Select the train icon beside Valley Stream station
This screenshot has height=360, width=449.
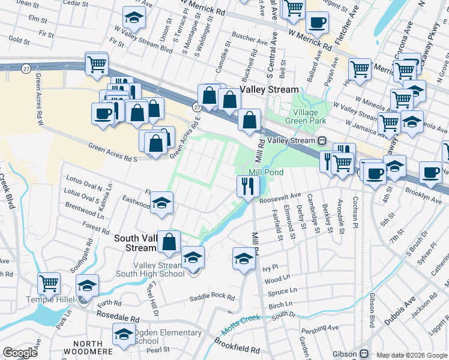[322, 140]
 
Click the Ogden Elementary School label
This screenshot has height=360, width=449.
[167, 337]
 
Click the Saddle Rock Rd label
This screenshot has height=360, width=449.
[212, 296]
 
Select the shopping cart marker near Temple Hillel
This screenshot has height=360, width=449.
[49, 283]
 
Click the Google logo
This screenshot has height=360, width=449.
[20, 353]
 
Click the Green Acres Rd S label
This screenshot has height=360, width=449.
[113, 152]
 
